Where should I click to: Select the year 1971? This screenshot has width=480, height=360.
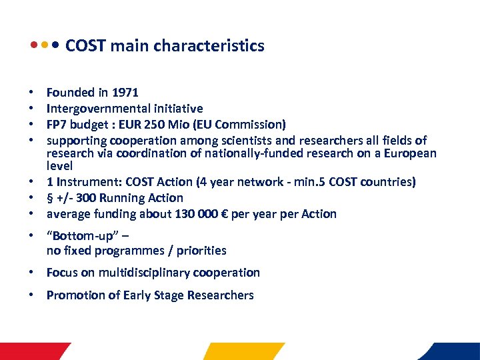[x=125, y=93]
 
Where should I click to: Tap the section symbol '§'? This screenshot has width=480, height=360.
[x=49, y=198]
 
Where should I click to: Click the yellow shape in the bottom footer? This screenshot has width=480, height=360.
[x=244, y=351]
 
